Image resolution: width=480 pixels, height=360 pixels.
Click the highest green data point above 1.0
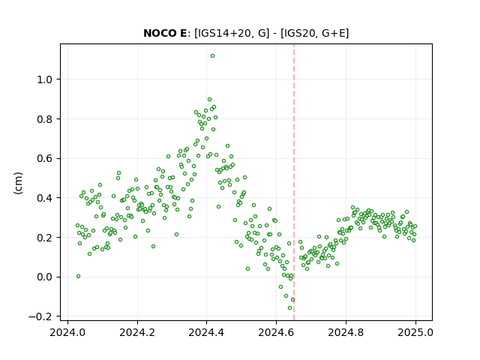point(212,56)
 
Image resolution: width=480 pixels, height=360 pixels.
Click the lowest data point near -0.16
point(290,307)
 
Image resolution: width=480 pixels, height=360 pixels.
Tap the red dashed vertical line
point(294,182)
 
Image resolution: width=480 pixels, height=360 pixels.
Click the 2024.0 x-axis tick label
point(67,332)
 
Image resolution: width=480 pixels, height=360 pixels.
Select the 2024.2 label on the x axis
point(137,332)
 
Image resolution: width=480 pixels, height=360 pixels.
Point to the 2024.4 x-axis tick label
point(207,332)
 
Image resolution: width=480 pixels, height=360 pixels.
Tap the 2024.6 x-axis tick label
point(276,332)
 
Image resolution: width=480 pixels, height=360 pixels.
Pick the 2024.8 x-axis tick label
point(346,332)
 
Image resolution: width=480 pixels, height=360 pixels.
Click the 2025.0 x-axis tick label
point(415,332)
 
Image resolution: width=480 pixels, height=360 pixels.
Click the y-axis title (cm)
point(18,182)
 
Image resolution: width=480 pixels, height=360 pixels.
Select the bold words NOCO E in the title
point(165,33)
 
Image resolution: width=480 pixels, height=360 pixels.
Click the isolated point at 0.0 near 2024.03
point(78,277)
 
